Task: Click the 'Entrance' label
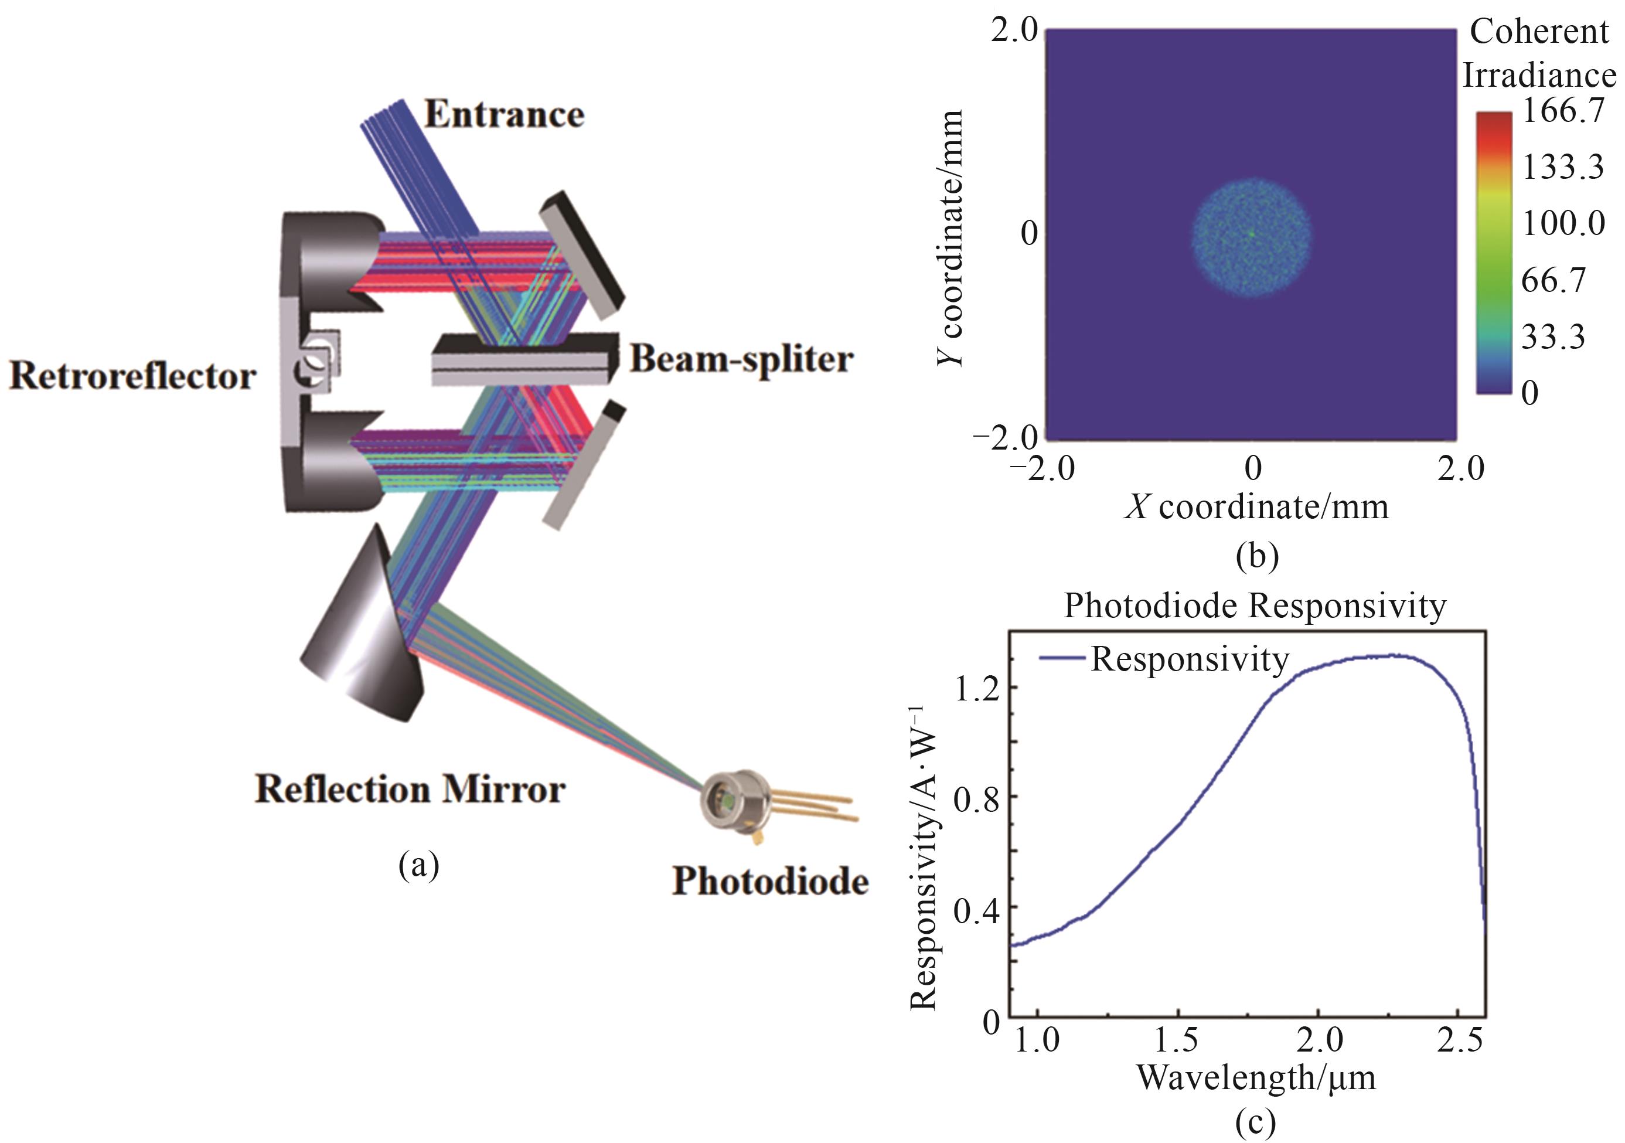pyautogui.click(x=504, y=115)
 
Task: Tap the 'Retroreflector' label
pyautogui.click(x=132, y=376)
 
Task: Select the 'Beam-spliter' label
pyautogui.click(x=741, y=359)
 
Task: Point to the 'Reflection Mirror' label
pyautogui.click(x=410, y=789)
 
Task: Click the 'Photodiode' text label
pyautogui.click(x=770, y=882)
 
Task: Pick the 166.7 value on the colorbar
pyautogui.click(x=1563, y=111)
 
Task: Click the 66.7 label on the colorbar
pyautogui.click(x=1554, y=281)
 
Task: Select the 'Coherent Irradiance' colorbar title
pyautogui.click(x=1539, y=53)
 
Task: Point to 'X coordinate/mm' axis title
pyautogui.click(x=1256, y=507)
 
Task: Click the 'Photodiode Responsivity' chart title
pyautogui.click(x=1255, y=606)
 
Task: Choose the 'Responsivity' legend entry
pyautogui.click(x=1189, y=659)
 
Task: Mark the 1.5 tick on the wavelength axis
pyautogui.click(x=1176, y=1040)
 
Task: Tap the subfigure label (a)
pyautogui.click(x=419, y=865)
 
